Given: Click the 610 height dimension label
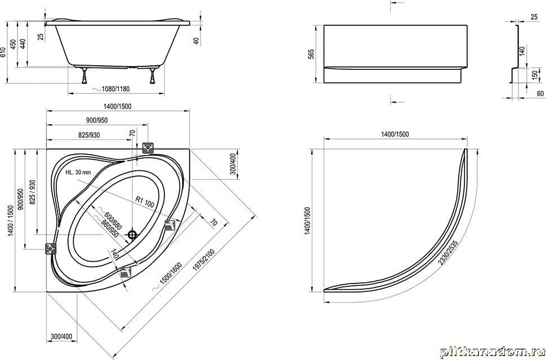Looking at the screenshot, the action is (3, 52).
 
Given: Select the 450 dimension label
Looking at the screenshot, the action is (13, 45).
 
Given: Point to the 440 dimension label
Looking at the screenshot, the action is (23, 44).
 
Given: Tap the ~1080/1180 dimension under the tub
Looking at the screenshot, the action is (111, 89).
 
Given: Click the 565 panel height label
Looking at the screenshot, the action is (311, 55).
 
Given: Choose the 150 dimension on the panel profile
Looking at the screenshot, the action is (535, 75).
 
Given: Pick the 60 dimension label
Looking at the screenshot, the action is (540, 93).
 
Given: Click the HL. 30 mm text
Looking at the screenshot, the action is (78, 172).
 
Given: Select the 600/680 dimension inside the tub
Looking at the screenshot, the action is (110, 218).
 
